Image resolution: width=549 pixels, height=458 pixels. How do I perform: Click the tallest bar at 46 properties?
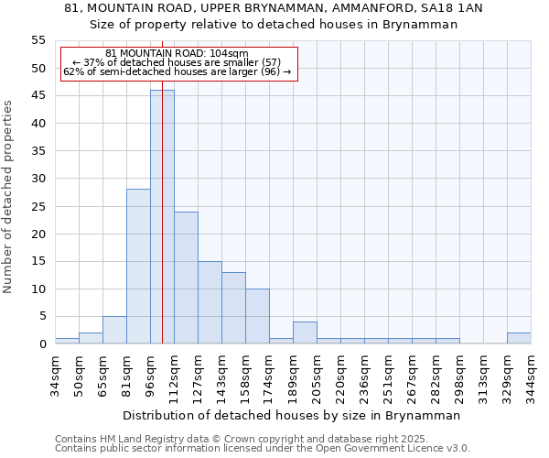coord(162,217)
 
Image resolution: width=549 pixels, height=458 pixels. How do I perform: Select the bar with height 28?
coord(138,267)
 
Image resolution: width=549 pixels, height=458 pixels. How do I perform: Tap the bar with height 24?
coord(186,278)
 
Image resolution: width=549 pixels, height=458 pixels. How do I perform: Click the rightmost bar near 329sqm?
coord(519,338)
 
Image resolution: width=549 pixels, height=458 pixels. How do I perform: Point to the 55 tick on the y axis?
coord(38,40)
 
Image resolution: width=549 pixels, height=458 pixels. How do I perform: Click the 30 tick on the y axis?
coord(38,179)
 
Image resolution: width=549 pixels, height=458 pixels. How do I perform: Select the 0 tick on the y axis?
coord(42,344)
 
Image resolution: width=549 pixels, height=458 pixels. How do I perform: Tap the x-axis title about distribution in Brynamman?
coord(291,415)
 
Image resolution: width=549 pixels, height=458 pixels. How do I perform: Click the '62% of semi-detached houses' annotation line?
coord(177,71)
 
